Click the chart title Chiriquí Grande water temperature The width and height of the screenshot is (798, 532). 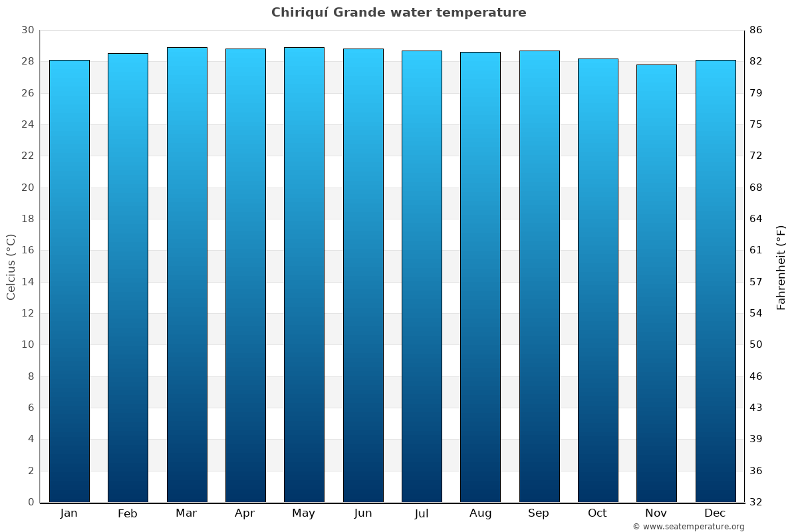[x=398, y=13]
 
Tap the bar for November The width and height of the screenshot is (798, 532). [x=656, y=283]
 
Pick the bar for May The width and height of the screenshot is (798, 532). [x=304, y=275]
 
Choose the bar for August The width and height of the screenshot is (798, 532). [x=480, y=277]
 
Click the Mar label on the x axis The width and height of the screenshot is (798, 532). [x=186, y=513]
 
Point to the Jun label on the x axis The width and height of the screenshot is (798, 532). [x=363, y=513]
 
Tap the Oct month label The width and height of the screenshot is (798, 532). [x=597, y=513]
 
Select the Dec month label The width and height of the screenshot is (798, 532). [x=715, y=513]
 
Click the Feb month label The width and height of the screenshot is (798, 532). [x=127, y=513]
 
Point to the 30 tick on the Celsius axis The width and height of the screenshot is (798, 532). [x=27, y=30]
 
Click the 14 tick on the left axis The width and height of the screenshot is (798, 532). [x=27, y=282]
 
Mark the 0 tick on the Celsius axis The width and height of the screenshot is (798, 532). [x=31, y=502]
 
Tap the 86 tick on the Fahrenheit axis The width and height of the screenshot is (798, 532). [x=755, y=30]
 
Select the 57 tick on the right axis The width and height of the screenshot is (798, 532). [x=755, y=282]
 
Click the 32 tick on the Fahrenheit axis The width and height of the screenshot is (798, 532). [x=755, y=502]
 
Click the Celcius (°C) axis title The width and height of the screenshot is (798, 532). [x=11, y=267]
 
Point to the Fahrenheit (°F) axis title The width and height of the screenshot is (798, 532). [x=781, y=267]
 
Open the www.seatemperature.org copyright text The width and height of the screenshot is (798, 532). [x=688, y=527]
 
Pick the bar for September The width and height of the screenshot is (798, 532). [x=539, y=276]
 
